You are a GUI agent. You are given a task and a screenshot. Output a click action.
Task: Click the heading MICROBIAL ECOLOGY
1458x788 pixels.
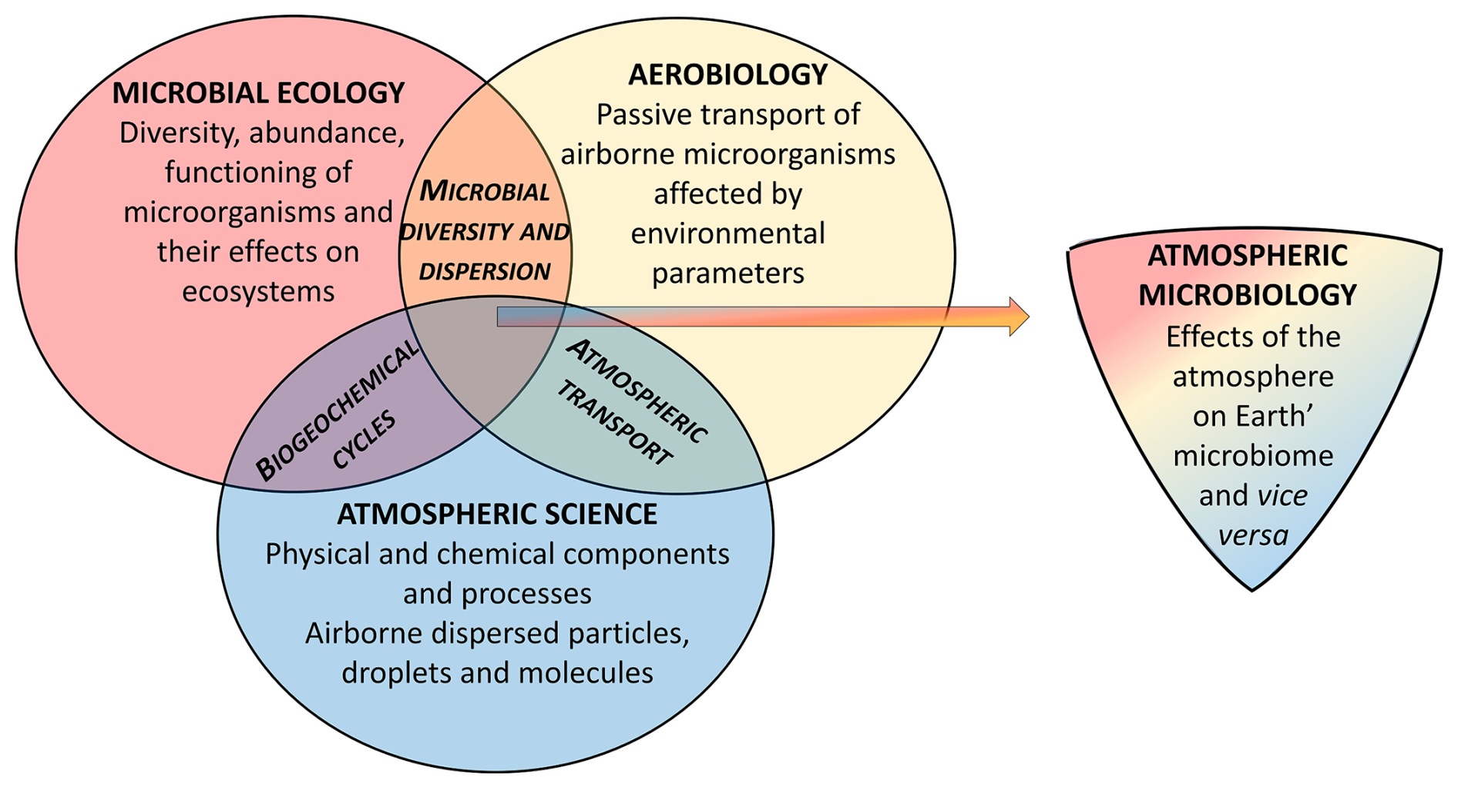pyautogui.click(x=258, y=93)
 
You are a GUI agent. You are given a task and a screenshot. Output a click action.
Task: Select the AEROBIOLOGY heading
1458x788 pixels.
pyautogui.click(x=727, y=75)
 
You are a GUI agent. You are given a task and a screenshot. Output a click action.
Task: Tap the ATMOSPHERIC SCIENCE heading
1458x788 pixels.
pyautogui.click(x=497, y=514)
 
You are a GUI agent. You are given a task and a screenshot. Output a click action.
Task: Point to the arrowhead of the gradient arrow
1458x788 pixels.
pyautogui.click(x=1019, y=316)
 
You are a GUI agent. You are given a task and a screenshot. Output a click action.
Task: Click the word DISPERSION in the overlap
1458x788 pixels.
pyautogui.click(x=485, y=271)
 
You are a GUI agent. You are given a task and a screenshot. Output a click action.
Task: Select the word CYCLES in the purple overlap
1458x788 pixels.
pyautogui.click(x=364, y=440)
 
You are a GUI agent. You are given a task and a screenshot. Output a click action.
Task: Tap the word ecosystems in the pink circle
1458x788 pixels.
pyautogui.click(x=258, y=291)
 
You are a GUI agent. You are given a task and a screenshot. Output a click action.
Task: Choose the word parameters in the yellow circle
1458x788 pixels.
pyautogui.click(x=727, y=273)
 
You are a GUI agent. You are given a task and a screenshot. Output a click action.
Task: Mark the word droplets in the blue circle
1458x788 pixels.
pyautogui.click(x=395, y=673)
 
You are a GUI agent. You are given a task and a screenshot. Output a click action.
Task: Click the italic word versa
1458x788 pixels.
pyautogui.click(x=1253, y=535)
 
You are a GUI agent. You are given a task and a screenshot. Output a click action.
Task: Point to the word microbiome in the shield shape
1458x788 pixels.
pyautogui.click(x=1253, y=455)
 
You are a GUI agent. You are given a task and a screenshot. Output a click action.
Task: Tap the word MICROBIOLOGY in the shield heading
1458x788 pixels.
pyautogui.click(x=1248, y=295)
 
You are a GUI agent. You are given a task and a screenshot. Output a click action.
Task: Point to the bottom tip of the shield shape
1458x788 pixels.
pyautogui.click(x=1252, y=589)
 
